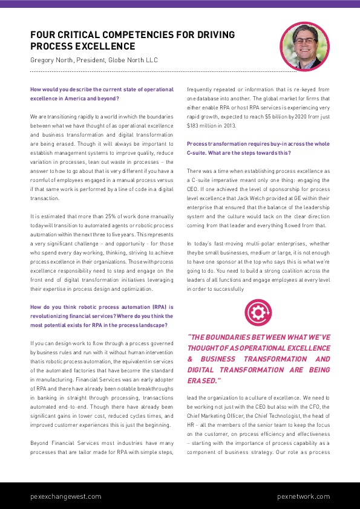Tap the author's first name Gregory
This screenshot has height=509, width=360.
[x=44, y=60]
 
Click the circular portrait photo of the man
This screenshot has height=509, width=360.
[x=304, y=45]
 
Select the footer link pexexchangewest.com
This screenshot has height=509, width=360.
[x=66, y=496]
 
